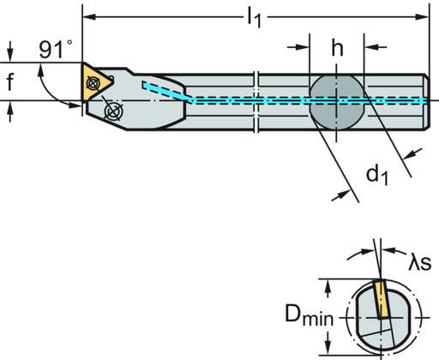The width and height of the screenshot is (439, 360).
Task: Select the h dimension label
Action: click(x=338, y=50)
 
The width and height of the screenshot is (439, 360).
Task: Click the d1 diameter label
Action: click(x=378, y=175)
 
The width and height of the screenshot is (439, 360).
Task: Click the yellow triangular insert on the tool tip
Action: click(x=94, y=81)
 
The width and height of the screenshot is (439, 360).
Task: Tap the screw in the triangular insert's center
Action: click(x=94, y=82)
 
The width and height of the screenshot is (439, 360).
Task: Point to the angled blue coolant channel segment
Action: click(x=167, y=92)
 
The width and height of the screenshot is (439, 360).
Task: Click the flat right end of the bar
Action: click(x=426, y=99)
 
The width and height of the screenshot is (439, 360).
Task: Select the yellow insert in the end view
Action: click(x=379, y=301)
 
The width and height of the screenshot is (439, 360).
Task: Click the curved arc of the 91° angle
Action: click(x=50, y=84)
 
